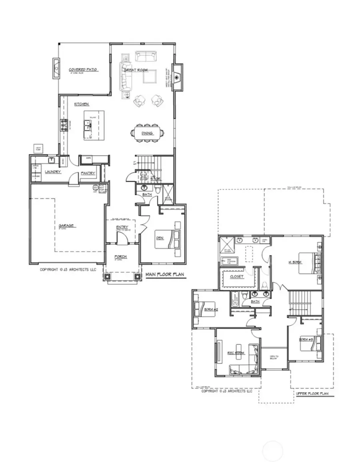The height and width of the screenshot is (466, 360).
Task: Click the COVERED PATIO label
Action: point(83,70)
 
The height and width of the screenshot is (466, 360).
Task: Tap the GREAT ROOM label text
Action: point(136,70)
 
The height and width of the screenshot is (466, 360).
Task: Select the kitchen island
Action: point(94,125)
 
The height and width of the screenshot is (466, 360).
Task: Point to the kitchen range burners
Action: point(64,126)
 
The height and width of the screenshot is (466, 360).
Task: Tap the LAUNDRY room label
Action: point(52,172)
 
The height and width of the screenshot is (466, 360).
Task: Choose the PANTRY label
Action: point(88,173)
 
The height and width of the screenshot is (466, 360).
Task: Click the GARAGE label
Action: point(66,226)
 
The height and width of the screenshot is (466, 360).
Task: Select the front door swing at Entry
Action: point(122,238)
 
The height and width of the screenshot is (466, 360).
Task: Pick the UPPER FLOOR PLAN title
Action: point(312,394)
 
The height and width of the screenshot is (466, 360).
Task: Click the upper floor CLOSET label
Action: point(237,276)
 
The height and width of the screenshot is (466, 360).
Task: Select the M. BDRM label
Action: point(295,262)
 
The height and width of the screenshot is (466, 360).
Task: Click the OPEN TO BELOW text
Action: point(274,357)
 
